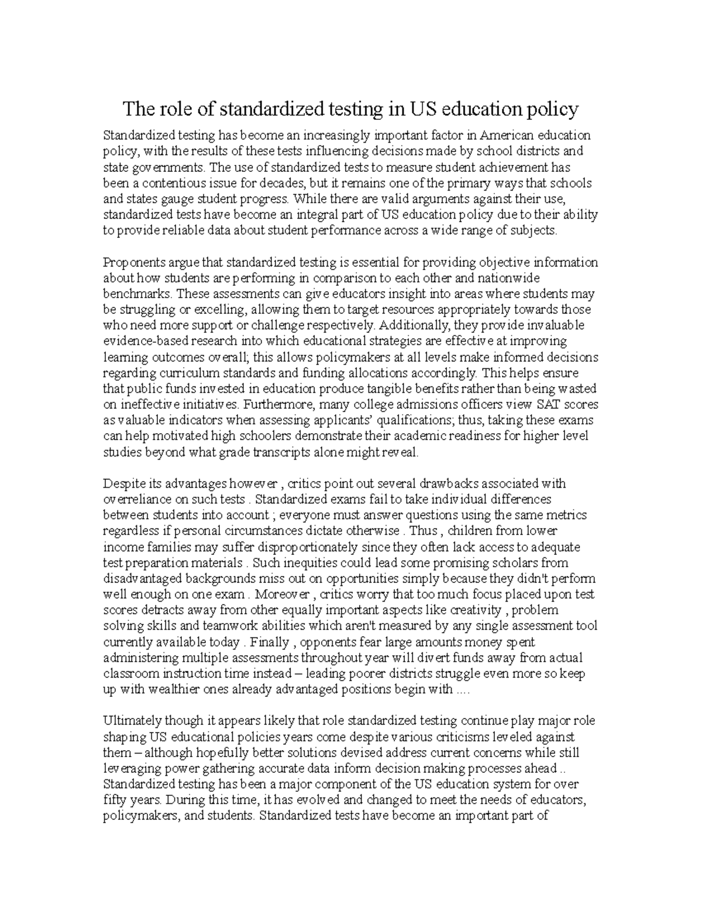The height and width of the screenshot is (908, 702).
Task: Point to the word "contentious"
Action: [173, 183]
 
